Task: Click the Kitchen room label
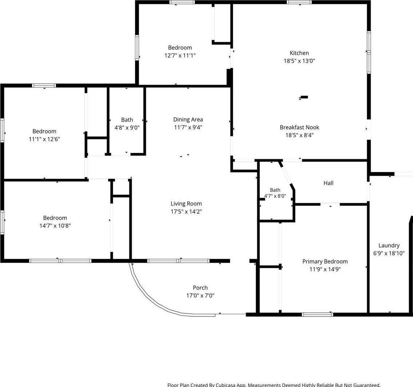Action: [299, 53]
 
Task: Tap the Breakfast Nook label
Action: [299, 128]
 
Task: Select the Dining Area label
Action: [188, 120]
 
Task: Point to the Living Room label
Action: [186, 204]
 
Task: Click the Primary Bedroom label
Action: [325, 261]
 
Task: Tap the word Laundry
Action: [389, 246]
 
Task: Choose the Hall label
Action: [329, 183]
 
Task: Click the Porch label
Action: [200, 288]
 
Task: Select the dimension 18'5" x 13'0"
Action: [299, 61]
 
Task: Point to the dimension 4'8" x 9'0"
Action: [127, 128]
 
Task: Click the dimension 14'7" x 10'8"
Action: [55, 226]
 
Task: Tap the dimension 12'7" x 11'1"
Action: [180, 55]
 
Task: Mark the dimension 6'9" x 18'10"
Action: [389, 253]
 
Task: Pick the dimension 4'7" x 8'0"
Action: [275, 196]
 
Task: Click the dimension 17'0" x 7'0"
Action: [200, 296]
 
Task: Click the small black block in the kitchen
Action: [304, 97]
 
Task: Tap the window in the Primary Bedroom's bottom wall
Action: [317, 314]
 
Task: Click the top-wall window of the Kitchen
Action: [299, 3]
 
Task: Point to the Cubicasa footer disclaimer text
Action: [274, 385]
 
